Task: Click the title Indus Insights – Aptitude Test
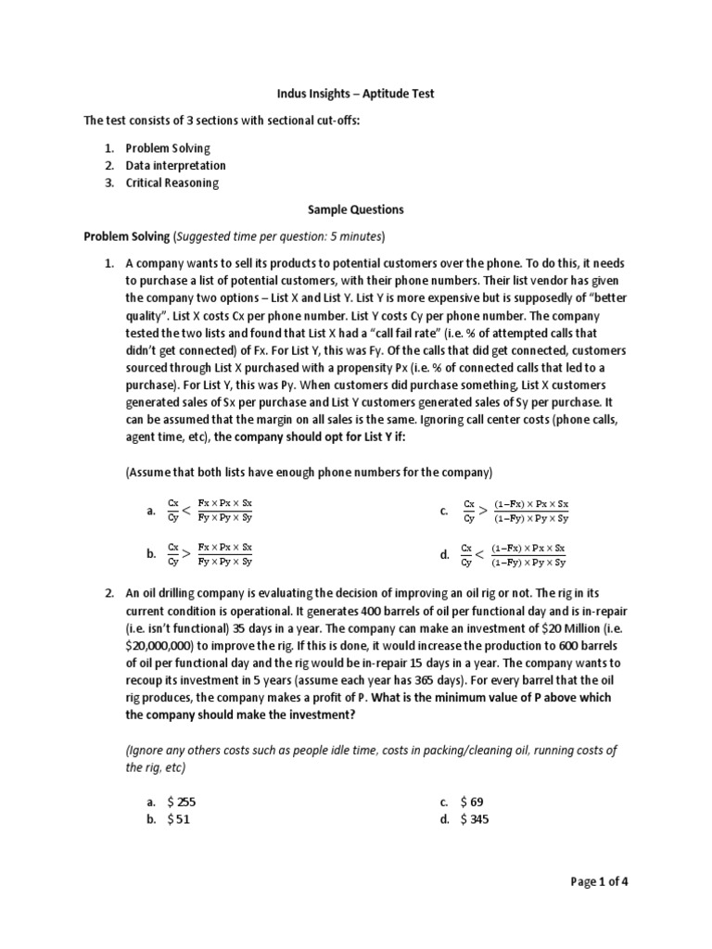(x=356, y=94)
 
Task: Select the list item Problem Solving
(x=168, y=148)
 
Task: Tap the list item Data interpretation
(x=175, y=165)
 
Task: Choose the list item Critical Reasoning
(x=172, y=183)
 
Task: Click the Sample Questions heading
(x=356, y=209)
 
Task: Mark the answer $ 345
(x=474, y=818)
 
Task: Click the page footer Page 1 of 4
(x=603, y=881)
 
